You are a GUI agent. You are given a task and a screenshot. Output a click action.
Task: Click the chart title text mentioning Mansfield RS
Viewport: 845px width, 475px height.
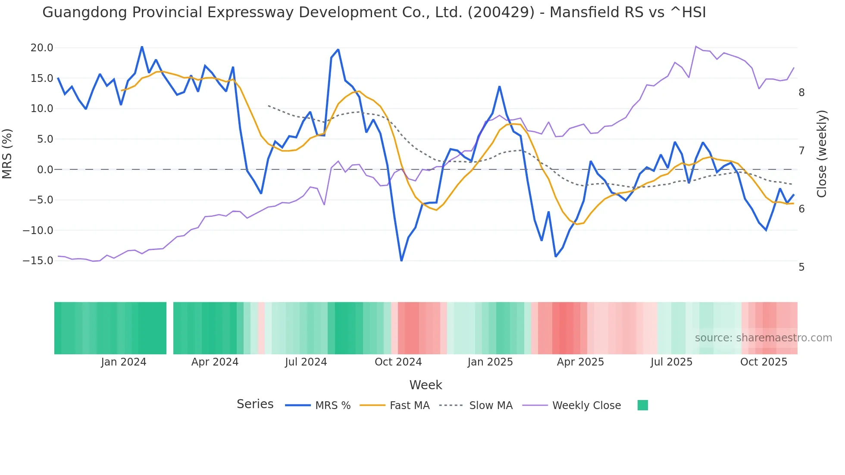point(374,12)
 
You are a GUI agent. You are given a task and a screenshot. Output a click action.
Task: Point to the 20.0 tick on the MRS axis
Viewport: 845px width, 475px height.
point(42,48)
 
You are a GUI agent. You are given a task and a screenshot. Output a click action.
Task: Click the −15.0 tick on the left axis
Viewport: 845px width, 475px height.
point(38,261)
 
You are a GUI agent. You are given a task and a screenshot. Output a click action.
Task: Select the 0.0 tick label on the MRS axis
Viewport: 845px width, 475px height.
point(45,170)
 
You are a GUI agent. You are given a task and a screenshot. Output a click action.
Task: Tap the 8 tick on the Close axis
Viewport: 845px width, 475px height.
point(801,93)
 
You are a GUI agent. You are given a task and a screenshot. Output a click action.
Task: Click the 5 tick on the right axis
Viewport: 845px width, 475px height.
point(801,267)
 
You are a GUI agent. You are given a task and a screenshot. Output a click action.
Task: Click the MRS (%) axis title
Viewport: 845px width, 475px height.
point(7,153)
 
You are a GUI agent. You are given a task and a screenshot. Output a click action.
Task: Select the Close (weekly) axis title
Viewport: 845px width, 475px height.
point(822,153)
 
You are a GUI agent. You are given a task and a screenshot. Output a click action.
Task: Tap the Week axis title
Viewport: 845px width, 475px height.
point(426,385)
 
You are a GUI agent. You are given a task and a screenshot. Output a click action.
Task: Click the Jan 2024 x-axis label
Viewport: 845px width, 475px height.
point(124,362)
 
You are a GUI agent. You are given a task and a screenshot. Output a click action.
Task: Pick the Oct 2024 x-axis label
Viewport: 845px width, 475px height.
point(398,362)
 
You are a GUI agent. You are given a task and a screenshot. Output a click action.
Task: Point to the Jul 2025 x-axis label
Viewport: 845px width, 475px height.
point(671,362)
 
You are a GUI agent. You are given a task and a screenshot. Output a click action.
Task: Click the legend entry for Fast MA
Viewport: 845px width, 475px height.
point(409,406)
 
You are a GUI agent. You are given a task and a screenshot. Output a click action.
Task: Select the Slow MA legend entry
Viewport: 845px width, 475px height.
point(490,406)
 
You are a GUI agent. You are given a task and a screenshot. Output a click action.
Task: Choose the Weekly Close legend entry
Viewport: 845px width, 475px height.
point(586,406)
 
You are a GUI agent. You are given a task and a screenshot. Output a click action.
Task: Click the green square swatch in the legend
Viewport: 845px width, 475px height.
point(642,405)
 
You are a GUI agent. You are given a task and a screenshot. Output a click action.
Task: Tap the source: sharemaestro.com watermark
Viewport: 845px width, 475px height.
point(763,338)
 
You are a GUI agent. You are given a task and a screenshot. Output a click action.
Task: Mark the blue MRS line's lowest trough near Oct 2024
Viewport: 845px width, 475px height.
point(401,260)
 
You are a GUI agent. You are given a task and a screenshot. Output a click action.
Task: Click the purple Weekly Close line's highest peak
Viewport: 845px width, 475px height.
point(696,47)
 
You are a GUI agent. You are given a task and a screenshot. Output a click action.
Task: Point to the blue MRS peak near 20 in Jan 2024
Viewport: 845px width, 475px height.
point(142,47)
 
